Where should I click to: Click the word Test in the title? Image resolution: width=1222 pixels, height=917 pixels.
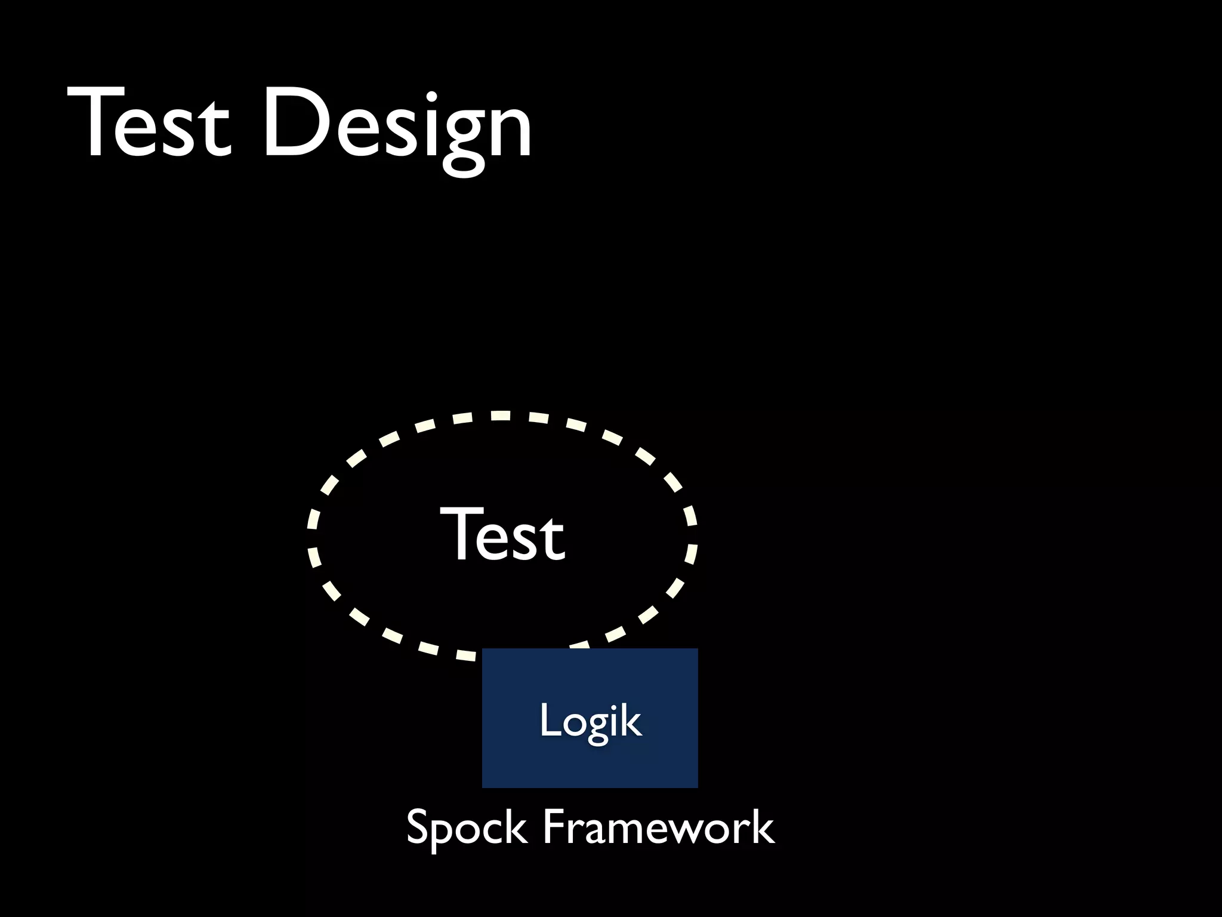pos(149,122)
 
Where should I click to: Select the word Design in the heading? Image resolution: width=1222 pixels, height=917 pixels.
pos(397,125)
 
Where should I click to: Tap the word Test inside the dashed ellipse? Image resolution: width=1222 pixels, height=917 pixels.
pos(502,534)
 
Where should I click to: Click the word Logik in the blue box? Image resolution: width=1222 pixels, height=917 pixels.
pos(590,721)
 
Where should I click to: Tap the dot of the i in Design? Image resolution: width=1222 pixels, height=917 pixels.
pos(431,96)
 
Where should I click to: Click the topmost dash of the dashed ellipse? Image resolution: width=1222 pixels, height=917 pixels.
pos(500,416)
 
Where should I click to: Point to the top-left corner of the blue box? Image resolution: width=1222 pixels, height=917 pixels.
pos(483,650)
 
